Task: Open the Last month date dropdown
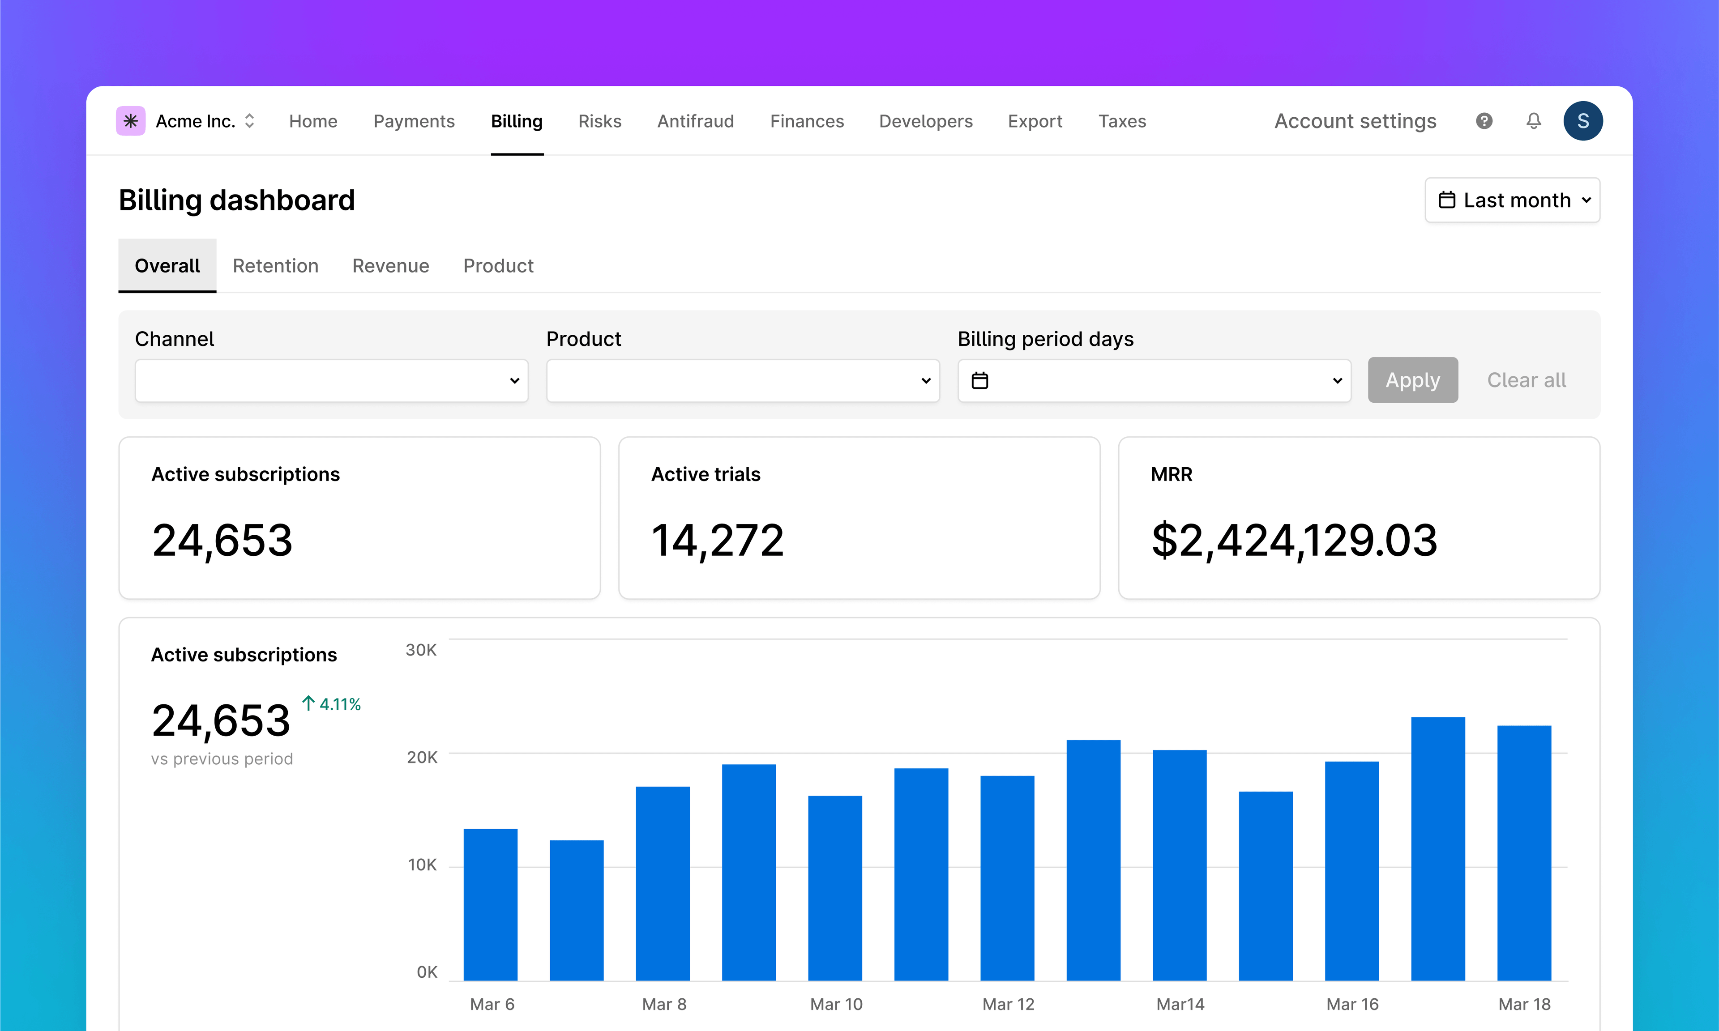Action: [x=1513, y=200]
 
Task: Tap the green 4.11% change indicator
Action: [x=332, y=704]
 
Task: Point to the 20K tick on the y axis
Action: [x=422, y=757]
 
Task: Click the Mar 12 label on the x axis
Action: [x=1008, y=1004]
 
